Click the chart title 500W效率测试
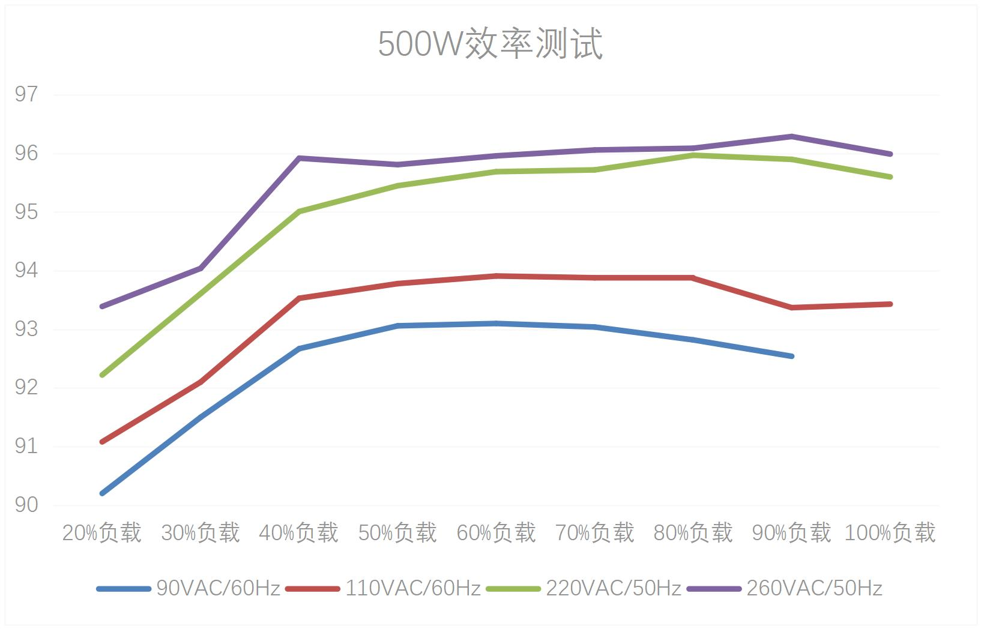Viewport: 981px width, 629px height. [x=490, y=43]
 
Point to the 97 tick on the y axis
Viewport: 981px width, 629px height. [x=26, y=94]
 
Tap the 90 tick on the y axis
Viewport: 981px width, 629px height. [x=26, y=505]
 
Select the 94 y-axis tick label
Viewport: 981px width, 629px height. [x=26, y=271]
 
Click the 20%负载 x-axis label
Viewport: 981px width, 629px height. [x=101, y=532]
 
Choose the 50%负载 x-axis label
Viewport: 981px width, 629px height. [x=397, y=532]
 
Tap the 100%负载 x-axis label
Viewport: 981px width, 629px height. [x=890, y=532]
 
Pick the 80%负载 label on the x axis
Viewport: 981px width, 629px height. [x=693, y=532]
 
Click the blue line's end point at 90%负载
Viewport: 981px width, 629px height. [x=792, y=357]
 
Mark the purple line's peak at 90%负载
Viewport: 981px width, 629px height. [x=792, y=136]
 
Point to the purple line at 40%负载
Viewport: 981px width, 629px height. [x=299, y=158]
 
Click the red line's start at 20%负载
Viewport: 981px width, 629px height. [x=102, y=442]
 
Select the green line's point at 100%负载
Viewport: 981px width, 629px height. [x=890, y=177]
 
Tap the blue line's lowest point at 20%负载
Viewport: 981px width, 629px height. [x=102, y=493]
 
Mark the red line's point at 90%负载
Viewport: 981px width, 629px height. [x=792, y=307]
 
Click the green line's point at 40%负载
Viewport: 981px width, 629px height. [x=299, y=211]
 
